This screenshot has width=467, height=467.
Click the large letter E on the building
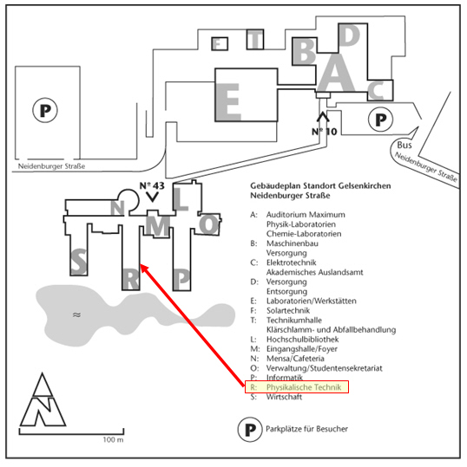click(x=228, y=101)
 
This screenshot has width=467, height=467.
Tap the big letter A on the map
click(x=336, y=73)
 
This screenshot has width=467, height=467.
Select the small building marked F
click(x=220, y=44)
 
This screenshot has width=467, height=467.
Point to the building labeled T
click(x=255, y=39)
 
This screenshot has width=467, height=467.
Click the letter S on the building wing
click(x=79, y=262)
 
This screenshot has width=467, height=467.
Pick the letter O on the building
click(x=209, y=224)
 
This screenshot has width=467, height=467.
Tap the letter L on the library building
click(x=181, y=199)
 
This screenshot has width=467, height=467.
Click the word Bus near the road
click(x=405, y=145)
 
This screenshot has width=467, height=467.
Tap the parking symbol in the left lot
click(x=45, y=110)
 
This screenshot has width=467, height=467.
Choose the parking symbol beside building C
click(x=380, y=120)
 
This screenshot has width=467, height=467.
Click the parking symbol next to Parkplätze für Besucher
click(x=250, y=430)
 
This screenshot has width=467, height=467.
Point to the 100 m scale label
click(x=113, y=439)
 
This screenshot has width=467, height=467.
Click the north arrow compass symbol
click(x=43, y=399)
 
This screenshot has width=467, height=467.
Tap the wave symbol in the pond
click(x=76, y=315)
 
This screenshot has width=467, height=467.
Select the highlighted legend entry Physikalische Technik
click(x=297, y=387)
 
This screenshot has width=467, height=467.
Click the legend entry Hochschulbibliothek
click(x=303, y=340)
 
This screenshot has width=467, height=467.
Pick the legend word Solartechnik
click(x=288, y=311)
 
